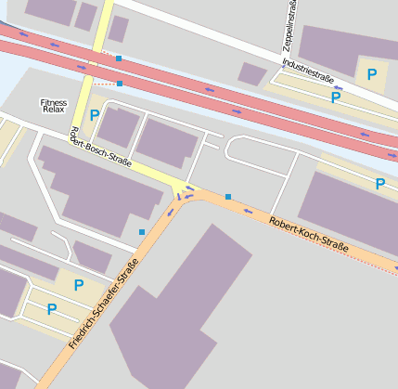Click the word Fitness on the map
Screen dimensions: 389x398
click(54, 101)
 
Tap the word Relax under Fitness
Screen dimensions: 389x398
click(53, 110)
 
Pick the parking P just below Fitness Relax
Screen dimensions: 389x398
click(94, 116)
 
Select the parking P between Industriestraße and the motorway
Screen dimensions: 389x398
click(336, 97)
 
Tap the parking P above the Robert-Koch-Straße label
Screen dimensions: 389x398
click(379, 184)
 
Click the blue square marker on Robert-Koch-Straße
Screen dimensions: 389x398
click(228, 197)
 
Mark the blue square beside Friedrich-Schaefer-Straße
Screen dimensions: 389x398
click(142, 231)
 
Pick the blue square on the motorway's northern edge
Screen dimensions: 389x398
click(119, 58)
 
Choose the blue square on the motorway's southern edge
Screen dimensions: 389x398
click(120, 84)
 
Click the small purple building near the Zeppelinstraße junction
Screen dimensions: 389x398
click(252, 73)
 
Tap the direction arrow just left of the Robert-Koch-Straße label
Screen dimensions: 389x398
click(248, 211)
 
